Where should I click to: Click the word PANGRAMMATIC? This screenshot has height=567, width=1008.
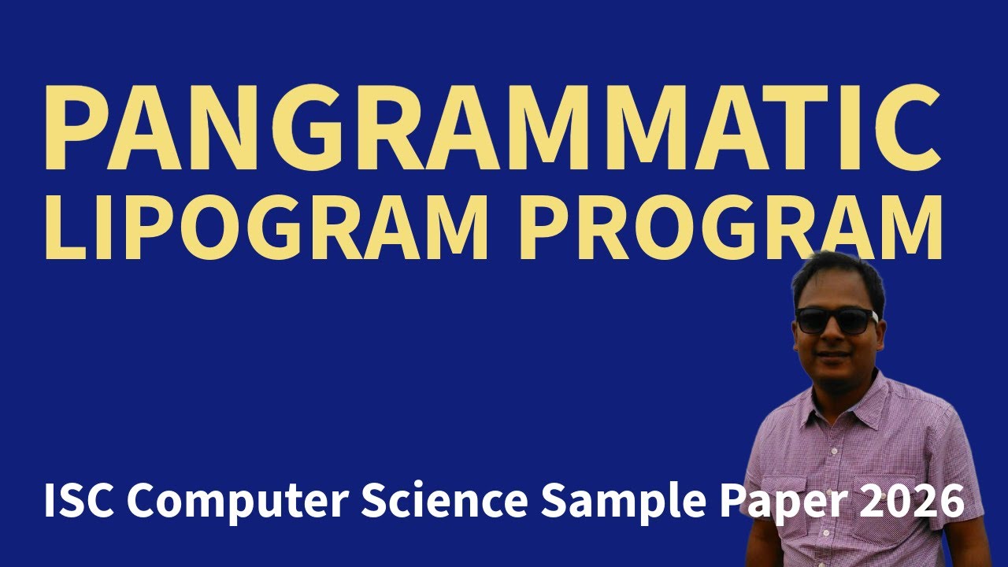click(492, 128)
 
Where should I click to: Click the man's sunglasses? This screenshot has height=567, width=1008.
click(835, 320)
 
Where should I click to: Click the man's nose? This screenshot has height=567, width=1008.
click(833, 337)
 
